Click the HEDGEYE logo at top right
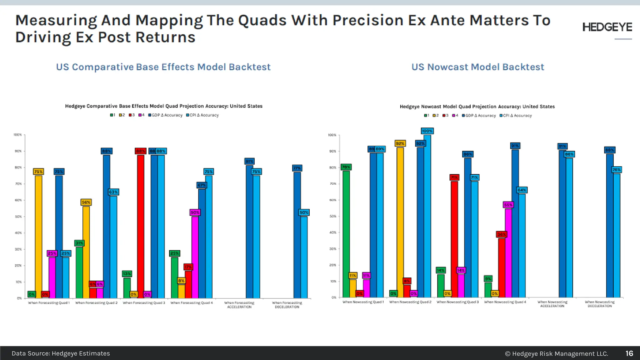[x=607, y=27]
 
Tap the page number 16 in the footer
[x=629, y=353]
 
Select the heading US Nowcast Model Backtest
[x=477, y=67]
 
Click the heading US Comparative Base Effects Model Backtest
[x=163, y=67]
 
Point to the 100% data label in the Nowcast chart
[x=427, y=131]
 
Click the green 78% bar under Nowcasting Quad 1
[x=346, y=234]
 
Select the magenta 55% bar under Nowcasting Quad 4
[x=508, y=253]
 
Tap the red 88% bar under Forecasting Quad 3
[x=141, y=227]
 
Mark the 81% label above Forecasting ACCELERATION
[x=249, y=161]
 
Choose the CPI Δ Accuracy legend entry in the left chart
[x=202, y=115]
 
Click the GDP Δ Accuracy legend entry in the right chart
[x=479, y=115]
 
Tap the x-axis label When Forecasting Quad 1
[x=49, y=302]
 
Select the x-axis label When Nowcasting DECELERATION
[x=599, y=304]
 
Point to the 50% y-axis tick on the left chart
[x=18, y=217]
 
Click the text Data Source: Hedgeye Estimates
[x=61, y=353]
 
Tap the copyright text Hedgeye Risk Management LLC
[x=557, y=353]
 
